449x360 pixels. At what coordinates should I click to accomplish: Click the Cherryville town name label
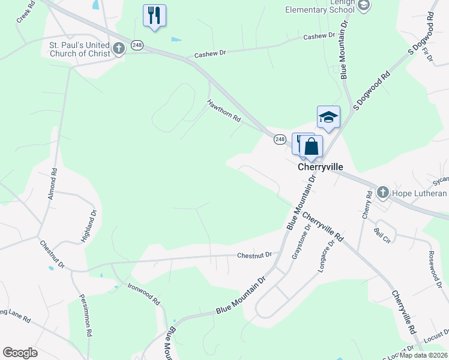tap(319, 167)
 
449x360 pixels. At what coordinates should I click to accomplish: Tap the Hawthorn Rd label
tap(224, 111)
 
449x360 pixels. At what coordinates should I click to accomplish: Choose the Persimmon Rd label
tap(85, 323)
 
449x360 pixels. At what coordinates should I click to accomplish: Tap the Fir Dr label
tap(428, 56)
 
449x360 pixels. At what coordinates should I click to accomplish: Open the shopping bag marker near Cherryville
tap(312, 146)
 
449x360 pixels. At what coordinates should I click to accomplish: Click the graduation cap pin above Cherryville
tap(328, 116)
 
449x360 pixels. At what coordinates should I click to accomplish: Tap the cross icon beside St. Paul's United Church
tap(119, 48)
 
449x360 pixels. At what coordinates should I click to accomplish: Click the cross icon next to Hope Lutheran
tap(383, 193)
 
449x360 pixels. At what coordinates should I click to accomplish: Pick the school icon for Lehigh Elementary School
tap(363, 5)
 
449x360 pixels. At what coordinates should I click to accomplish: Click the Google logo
tap(20, 353)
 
